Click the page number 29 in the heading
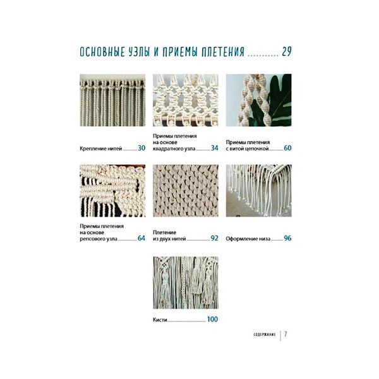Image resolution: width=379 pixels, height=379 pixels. (x=287, y=52)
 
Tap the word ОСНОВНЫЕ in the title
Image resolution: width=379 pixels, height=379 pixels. (x=102, y=52)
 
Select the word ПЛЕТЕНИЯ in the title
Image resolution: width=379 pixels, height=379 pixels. (x=223, y=52)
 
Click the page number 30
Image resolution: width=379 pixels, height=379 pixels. (x=141, y=148)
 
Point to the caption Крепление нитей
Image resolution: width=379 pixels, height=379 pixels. (x=101, y=148)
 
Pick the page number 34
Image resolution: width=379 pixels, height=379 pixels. (x=214, y=148)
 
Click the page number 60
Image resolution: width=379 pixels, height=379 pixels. (x=287, y=148)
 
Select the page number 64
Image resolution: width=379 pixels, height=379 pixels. (x=141, y=238)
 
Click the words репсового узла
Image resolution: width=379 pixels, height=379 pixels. (x=99, y=239)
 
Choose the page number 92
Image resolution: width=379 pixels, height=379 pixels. (x=214, y=238)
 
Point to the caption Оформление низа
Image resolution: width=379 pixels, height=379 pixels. (x=248, y=239)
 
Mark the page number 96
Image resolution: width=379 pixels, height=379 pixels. (x=287, y=238)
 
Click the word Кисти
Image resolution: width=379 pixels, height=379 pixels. (x=160, y=320)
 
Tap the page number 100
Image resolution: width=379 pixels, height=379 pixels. (x=212, y=319)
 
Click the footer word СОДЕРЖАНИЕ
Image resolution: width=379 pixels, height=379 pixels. (x=265, y=335)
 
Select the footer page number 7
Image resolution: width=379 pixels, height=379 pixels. (x=286, y=334)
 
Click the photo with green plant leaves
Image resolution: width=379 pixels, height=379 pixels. (x=258, y=100)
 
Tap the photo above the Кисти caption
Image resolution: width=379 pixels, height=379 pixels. (x=186, y=283)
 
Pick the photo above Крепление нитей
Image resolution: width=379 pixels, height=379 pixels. (x=112, y=100)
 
